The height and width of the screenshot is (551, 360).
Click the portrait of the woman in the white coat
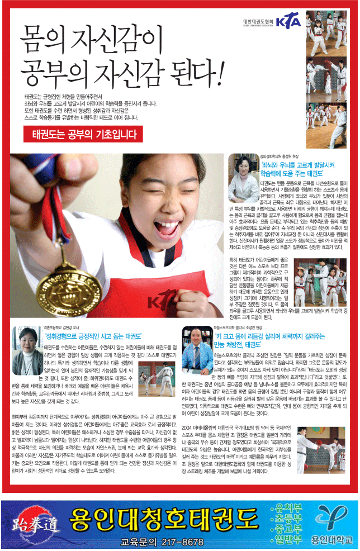243,178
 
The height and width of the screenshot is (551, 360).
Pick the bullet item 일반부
287,539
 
